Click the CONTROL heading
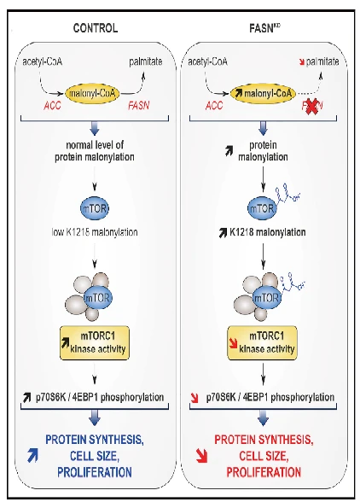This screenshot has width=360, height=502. (x=96, y=28)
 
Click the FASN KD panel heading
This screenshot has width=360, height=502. (x=264, y=28)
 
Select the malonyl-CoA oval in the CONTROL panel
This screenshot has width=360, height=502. (x=92, y=94)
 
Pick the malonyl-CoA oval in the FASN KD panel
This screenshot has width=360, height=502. (x=263, y=94)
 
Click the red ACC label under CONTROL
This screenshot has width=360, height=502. (x=52, y=106)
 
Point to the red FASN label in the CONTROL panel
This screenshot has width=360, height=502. (x=138, y=106)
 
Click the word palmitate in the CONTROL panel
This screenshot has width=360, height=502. (x=146, y=61)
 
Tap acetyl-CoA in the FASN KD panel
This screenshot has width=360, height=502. (x=207, y=61)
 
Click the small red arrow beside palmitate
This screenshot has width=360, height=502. (x=301, y=62)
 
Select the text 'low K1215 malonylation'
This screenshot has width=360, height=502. (x=95, y=232)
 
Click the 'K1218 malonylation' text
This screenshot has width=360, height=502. (x=268, y=232)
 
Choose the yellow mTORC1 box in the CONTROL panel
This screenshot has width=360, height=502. (x=95, y=343)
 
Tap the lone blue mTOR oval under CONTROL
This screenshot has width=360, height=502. (x=95, y=208)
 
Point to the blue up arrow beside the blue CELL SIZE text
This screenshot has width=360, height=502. (x=32, y=456)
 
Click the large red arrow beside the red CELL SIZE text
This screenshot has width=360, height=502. (x=202, y=456)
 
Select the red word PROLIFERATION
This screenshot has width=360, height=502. (x=264, y=472)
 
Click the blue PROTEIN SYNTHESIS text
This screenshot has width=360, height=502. (x=95, y=440)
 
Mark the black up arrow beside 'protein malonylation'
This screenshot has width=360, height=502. (x=229, y=151)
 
